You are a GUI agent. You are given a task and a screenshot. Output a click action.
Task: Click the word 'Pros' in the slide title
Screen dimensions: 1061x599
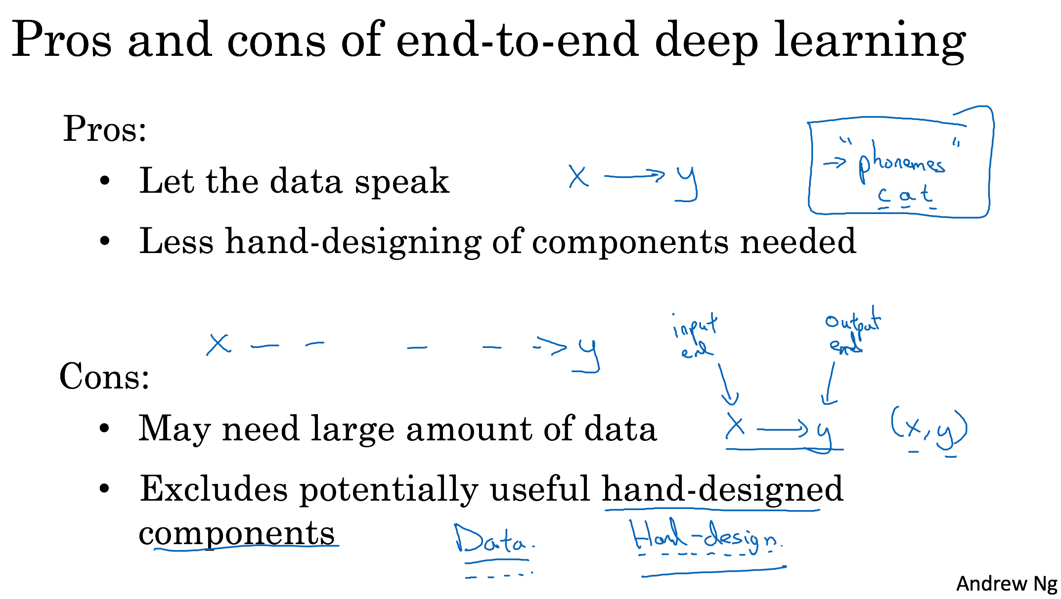tap(61, 40)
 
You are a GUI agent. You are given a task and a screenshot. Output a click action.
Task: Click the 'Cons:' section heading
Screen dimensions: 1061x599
tap(104, 377)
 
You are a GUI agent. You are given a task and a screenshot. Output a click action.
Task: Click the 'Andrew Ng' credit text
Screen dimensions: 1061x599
tap(1006, 584)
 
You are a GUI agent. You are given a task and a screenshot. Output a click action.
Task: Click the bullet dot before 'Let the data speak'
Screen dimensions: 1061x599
tap(104, 181)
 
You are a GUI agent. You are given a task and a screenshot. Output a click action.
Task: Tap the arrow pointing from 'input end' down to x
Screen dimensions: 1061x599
tap(726, 385)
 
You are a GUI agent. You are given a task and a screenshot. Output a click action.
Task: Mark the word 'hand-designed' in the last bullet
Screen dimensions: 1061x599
tap(722, 489)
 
